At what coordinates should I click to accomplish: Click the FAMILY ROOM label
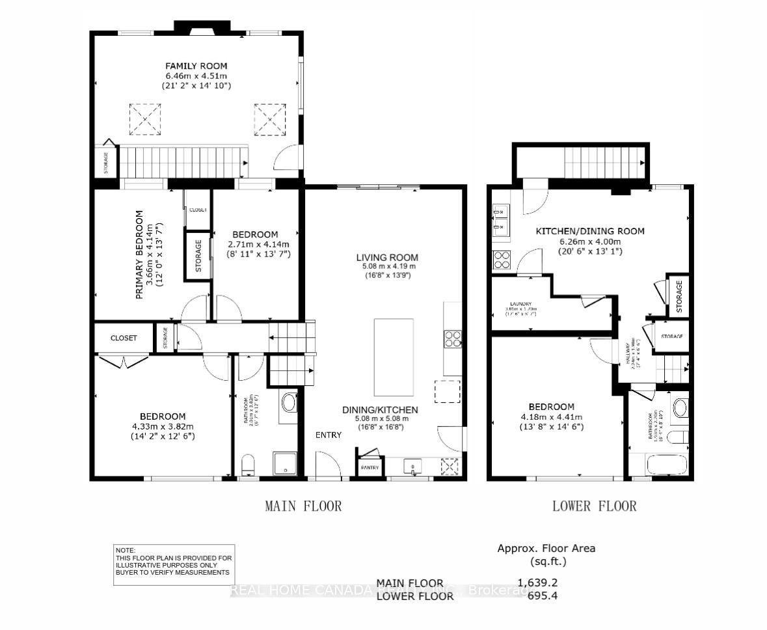tap(196, 66)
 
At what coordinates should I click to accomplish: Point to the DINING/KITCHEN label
tap(380, 409)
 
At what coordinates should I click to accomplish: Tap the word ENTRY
tap(329, 435)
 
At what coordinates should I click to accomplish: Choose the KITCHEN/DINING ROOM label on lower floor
tap(589, 231)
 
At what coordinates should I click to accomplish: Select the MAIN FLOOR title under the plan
tap(303, 506)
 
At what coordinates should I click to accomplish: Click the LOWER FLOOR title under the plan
tap(594, 506)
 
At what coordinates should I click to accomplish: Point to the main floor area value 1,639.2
tap(537, 582)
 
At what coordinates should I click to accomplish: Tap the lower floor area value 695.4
tap(542, 596)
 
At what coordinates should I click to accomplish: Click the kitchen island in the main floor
tap(394, 357)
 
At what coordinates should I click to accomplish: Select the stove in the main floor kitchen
tap(453, 338)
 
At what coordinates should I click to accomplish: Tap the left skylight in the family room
tap(144, 118)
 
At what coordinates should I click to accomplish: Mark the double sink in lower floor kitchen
tap(501, 219)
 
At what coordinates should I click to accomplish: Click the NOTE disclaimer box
tap(173, 565)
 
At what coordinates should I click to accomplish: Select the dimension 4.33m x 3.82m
tap(163, 426)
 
